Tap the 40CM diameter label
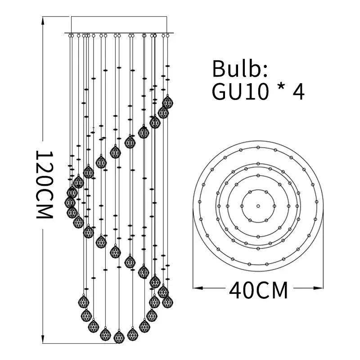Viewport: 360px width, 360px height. pyautogui.click(x=258, y=290)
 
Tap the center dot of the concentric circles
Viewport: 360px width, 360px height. pyautogui.click(x=258, y=206)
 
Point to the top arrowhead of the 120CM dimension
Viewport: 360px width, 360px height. pyautogui.click(x=43, y=18)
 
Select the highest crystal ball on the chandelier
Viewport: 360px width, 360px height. pyautogui.click(x=168, y=102)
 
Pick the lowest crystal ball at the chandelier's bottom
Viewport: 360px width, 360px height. pyautogui.click(x=119, y=337)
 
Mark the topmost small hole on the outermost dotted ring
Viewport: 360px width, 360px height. pyautogui.click(x=258, y=147)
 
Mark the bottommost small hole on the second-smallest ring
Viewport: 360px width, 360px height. pyautogui.click(x=258, y=236)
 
